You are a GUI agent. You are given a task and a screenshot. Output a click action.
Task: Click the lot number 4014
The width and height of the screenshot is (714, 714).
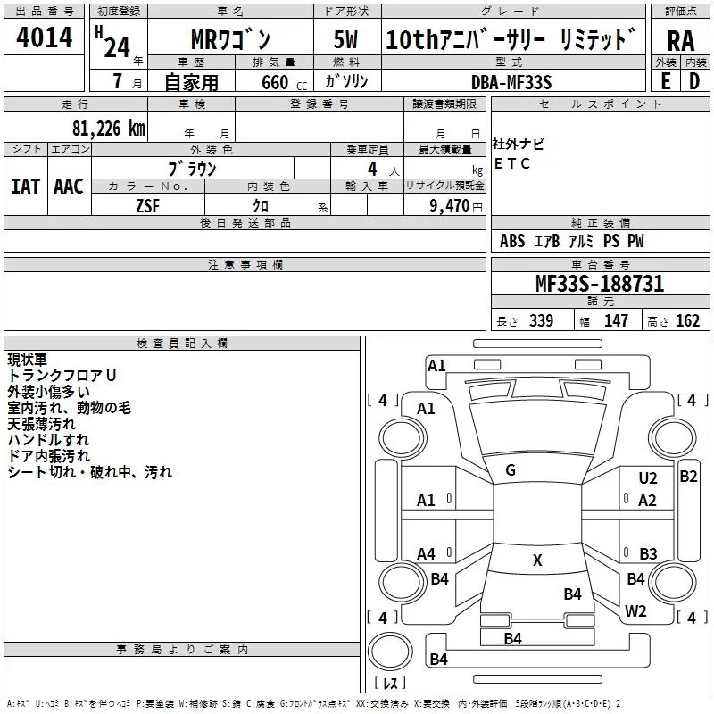click(44, 37)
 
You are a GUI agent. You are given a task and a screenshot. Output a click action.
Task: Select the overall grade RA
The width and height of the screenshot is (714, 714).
click(680, 40)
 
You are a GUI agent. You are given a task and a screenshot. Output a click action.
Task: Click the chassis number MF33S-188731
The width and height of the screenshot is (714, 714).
click(599, 284)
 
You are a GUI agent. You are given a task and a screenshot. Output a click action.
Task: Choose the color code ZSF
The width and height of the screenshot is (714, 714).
click(148, 205)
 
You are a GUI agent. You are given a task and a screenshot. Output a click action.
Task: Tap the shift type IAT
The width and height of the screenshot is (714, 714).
click(25, 186)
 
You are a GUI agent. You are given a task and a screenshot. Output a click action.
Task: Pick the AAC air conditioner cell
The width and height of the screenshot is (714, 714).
click(69, 186)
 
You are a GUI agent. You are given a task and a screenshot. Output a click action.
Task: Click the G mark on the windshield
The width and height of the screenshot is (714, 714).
click(511, 470)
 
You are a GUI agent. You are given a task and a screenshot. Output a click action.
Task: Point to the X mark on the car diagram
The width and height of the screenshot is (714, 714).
click(537, 560)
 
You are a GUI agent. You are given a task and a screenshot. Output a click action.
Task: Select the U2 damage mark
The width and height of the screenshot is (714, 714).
click(648, 479)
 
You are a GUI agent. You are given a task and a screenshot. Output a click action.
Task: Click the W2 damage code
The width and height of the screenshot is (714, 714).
click(635, 611)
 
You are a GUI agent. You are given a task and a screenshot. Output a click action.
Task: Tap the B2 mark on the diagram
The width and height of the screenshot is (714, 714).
click(688, 477)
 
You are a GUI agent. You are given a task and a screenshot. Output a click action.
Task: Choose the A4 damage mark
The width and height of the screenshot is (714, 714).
click(427, 554)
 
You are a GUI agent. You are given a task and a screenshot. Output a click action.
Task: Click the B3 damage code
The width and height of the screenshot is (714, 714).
click(648, 554)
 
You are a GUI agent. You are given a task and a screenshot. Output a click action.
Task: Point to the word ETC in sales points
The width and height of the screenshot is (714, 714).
click(512, 163)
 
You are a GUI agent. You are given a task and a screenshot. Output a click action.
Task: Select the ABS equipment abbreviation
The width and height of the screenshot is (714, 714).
click(512, 241)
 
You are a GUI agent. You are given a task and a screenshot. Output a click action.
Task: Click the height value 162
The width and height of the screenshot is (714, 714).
click(687, 321)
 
